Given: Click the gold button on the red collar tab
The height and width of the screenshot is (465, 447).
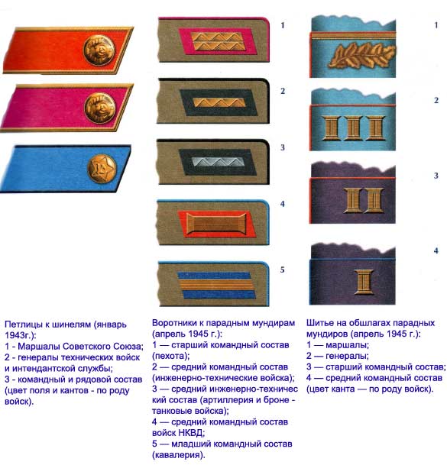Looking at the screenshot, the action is pyautogui.click(x=99, y=50).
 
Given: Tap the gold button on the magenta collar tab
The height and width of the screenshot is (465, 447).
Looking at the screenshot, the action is pyautogui.click(x=100, y=108).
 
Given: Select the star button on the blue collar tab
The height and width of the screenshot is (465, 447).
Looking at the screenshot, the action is pyautogui.click(x=102, y=169).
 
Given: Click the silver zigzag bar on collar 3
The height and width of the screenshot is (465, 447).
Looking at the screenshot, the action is pyautogui.click(x=218, y=162).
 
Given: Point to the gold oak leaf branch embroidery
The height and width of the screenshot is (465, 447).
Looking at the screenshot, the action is pyautogui.click(x=361, y=56).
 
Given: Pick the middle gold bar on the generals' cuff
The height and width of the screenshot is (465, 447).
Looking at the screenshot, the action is pyautogui.click(x=353, y=128).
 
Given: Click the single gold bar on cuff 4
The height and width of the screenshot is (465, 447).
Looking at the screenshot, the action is pyautogui.click(x=364, y=282).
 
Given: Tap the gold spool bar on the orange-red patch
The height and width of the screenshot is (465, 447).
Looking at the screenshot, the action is pyautogui.click(x=216, y=223).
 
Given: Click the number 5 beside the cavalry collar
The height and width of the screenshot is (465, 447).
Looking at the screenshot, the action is pyautogui.click(x=282, y=270).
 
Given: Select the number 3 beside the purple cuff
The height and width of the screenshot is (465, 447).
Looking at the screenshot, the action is pyautogui.click(x=436, y=176).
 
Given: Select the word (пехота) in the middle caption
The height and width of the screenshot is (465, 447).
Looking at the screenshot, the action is pyautogui.click(x=170, y=356).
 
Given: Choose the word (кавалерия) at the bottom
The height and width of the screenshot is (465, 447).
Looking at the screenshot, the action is pyautogui.click(x=179, y=454).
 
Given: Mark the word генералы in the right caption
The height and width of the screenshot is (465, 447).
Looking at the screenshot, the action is pyautogui.click(x=347, y=356).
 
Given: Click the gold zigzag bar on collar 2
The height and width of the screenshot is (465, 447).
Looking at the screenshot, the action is pyautogui.click(x=219, y=102).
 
